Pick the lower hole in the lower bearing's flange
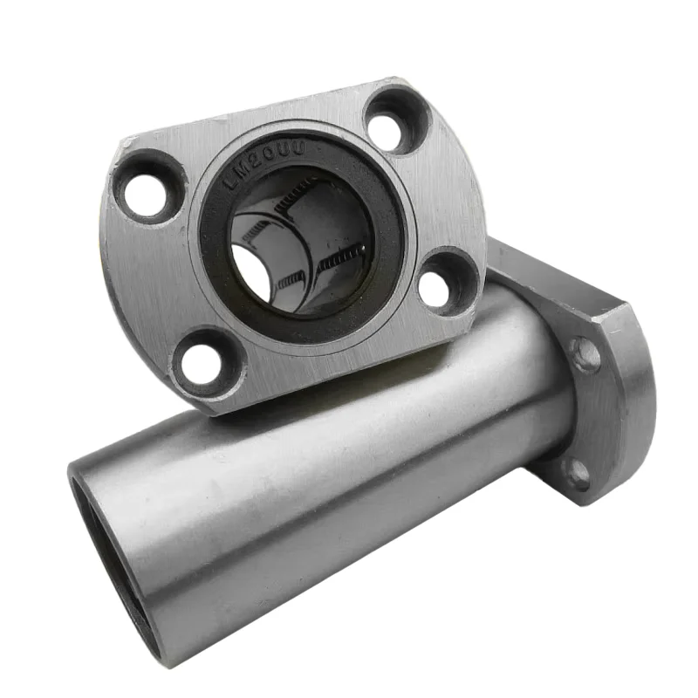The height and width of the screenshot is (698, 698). pyautogui.click(x=575, y=476)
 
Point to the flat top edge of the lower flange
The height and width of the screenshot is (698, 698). pyautogui.click(x=558, y=270)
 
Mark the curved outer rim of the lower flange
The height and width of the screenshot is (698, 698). pyautogui.click(x=641, y=410)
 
